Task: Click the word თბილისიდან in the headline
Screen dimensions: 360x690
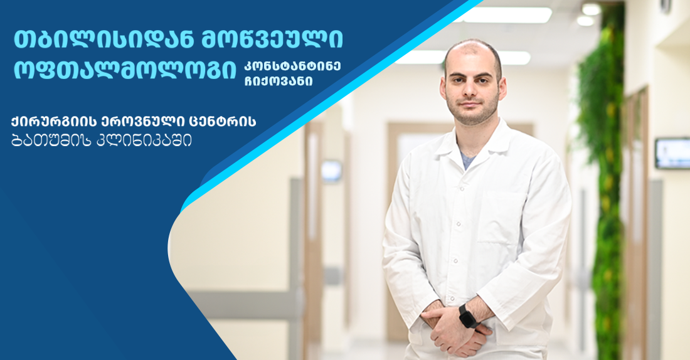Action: pos(89,40)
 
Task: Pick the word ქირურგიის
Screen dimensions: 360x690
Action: pos(49,121)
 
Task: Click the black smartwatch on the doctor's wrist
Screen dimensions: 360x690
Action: pos(467,315)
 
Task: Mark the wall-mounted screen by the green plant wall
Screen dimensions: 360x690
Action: pos(672,153)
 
